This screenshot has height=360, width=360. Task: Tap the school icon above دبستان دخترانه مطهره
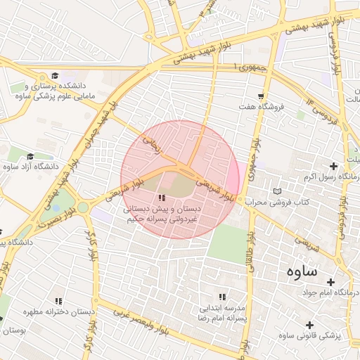pos(58,301)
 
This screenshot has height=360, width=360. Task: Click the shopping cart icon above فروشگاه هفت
pos(262,96)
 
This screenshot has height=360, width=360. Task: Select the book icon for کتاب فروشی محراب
pos(277,191)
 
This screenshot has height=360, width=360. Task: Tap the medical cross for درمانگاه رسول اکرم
pos(333,166)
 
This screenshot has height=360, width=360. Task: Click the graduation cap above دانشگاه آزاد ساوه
pos(30,156)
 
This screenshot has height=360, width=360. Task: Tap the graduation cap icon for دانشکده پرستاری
pos(54,76)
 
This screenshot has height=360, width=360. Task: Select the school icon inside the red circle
pos(162,199)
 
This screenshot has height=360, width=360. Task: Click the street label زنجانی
pos(153,144)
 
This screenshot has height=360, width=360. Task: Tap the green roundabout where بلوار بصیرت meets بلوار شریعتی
pos(83,207)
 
